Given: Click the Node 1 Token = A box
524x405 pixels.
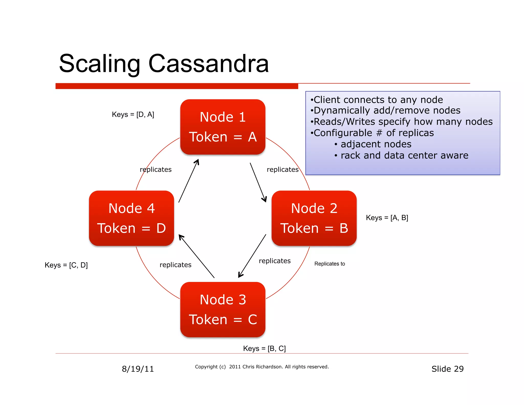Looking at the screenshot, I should [x=223, y=127].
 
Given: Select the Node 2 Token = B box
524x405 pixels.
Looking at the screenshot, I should [x=314, y=218].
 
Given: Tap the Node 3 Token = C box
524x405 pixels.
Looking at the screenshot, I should [x=223, y=310].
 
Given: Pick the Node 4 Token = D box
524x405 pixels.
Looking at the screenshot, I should [x=132, y=218].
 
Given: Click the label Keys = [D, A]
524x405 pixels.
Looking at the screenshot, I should [x=133, y=114].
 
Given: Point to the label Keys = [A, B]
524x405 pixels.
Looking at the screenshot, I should [x=387, y=218].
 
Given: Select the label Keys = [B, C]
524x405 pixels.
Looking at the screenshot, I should [x=264, y=348].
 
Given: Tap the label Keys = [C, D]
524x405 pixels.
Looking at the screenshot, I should [x=66, y=265].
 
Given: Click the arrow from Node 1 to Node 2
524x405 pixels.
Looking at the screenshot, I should [x=258, y=182].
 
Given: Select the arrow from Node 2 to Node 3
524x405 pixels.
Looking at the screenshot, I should [x=252, y=256].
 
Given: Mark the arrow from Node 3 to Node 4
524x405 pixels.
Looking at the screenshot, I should [x=196, y=256].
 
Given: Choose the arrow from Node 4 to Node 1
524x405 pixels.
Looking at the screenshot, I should [x=189, y=181].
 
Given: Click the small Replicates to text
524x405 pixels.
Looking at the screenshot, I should [x=330, y=264].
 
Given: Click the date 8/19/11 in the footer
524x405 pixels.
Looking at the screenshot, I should [x=138, y=369].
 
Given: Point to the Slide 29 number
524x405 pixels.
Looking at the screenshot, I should [x=447, y=369].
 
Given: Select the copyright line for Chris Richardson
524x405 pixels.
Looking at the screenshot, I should [x=262, y=367].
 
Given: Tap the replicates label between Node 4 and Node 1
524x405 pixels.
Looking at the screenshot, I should [x=156, y=169].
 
